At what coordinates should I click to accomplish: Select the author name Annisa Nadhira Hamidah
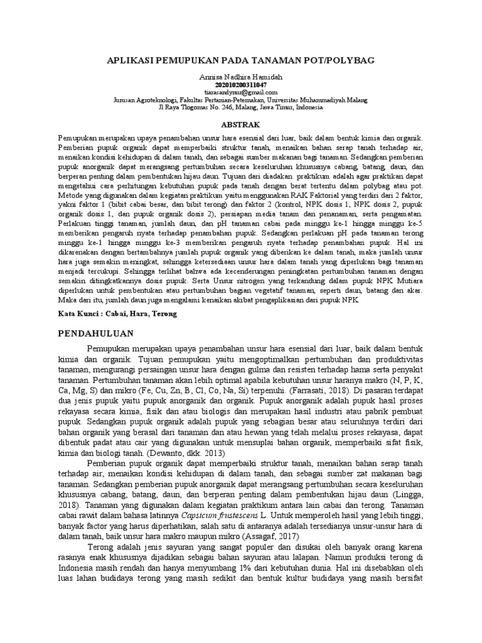click(x=241, y=76)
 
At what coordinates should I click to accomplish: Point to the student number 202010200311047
click(x=241, y=84)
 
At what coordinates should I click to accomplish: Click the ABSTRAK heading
click(x=240, y=125)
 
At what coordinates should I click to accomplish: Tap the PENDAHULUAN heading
click(x=99, y=332)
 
